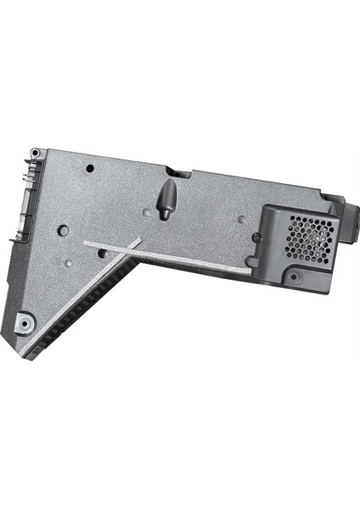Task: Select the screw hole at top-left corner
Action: tap(34, 154)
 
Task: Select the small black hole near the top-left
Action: tap(90, 169)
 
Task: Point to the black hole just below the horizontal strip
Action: tap(103, 253)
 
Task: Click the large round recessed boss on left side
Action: tap(63, 230)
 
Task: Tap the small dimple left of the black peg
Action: tap(147, 211)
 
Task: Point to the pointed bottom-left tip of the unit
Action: tap(23, 355)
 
